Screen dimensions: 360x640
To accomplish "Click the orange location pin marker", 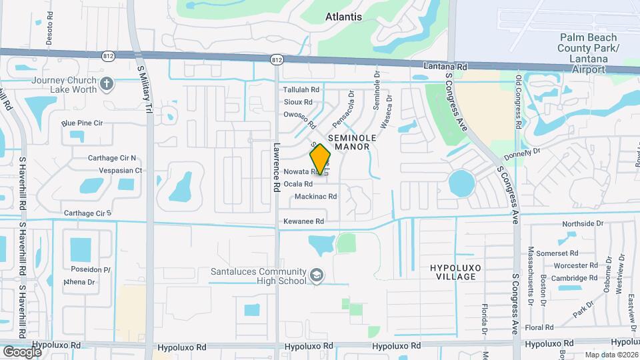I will (321, 159).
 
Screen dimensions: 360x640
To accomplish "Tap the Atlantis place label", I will (344, 17).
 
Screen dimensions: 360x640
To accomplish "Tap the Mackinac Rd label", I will (315, 197).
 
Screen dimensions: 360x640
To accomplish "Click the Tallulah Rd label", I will (301, 89).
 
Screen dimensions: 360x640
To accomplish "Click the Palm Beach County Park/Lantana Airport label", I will (589, 53).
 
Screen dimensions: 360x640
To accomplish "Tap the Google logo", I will (21, 351).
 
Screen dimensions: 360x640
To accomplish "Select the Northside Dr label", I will (583, 224).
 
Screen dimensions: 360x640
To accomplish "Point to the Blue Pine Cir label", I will (82, 123).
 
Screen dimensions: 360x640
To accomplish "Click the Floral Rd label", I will (539, 328).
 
